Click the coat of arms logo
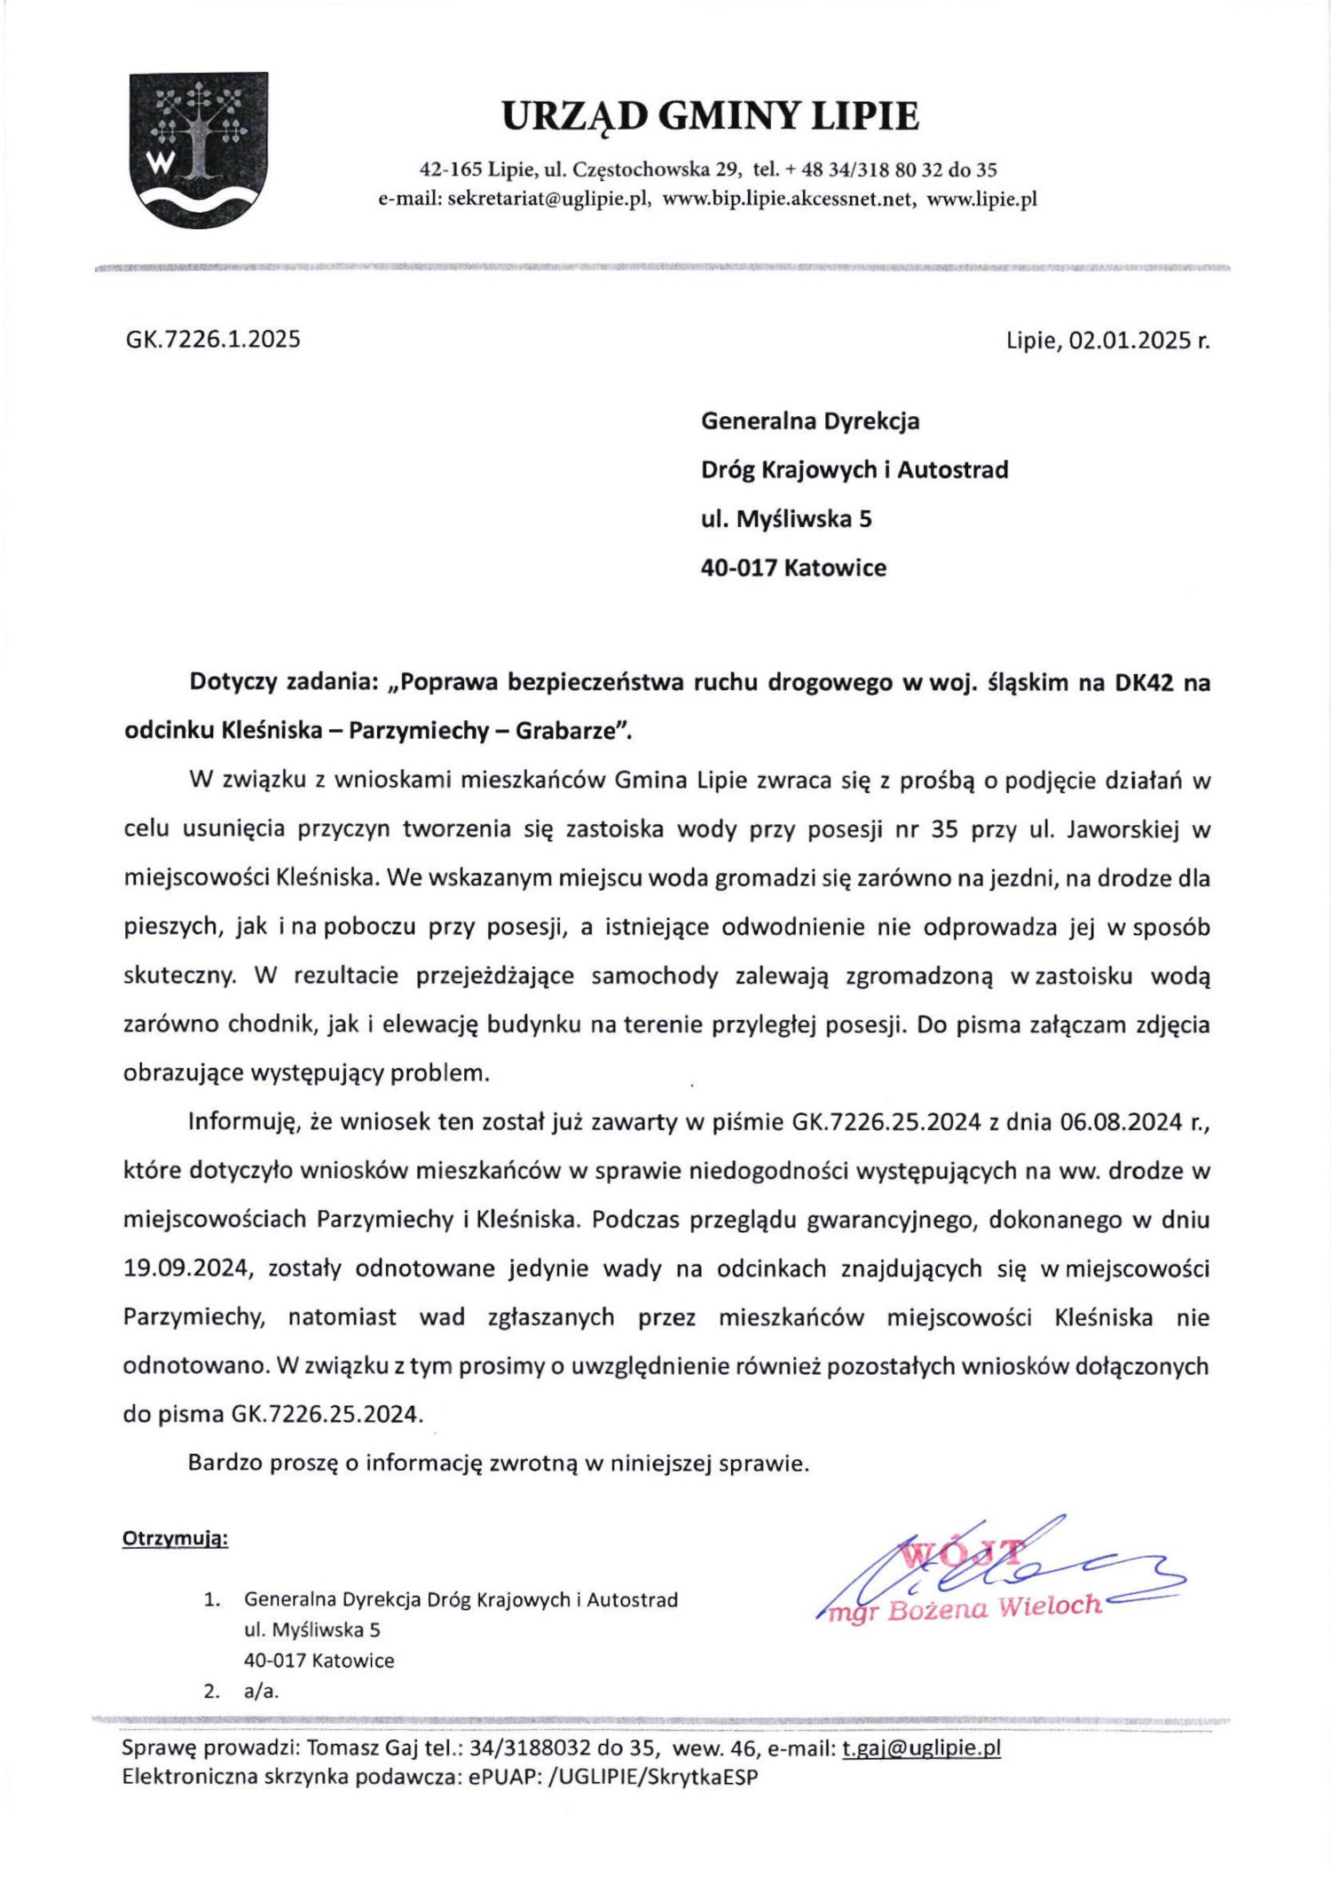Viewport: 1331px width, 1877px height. pos(198,150)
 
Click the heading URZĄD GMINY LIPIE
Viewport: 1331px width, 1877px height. pos(710,116)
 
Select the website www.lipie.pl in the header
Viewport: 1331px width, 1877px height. pos(981,199)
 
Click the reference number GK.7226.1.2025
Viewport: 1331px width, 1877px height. pos(213,339)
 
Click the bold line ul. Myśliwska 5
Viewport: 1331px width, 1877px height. pos(786,519)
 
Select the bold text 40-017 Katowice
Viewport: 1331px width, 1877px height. pos(793,568)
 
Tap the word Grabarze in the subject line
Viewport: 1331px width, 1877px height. pos(566,731)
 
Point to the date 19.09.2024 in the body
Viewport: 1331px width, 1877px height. pos(185,1268)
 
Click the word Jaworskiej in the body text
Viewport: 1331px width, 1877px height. pos(1122,829)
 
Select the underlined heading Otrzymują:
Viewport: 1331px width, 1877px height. pos(175,1538)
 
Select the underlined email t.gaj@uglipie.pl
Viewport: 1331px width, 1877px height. pos(920,1747)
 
